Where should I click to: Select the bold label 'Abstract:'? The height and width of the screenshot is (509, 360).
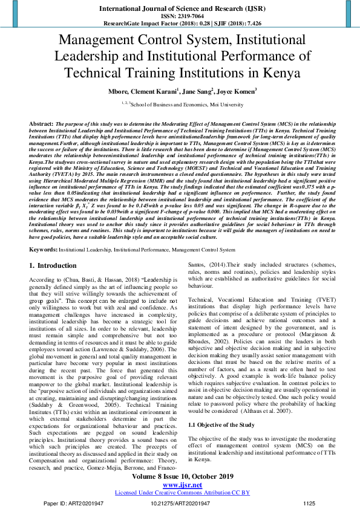click(41, 123)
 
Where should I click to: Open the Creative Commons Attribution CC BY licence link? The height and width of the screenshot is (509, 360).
click(180, 493)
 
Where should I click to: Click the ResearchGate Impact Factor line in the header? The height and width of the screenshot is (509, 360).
click(180, 22)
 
